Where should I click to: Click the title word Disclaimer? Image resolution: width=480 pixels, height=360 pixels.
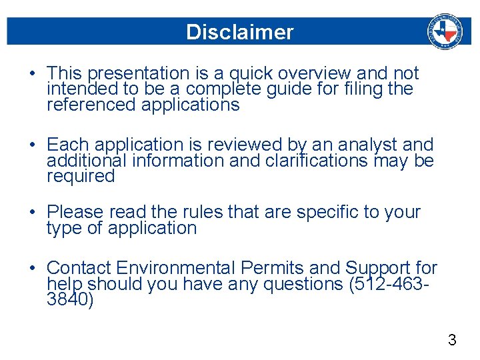(x=239, y=32)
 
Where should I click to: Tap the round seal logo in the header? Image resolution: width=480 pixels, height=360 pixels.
(x=444, y=31)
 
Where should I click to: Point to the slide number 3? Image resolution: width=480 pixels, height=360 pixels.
(x=452, y=341)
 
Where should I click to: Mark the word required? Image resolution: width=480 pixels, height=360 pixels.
(x=81, y=177)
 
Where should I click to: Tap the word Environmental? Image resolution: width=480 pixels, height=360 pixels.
(x=175, y=268)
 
